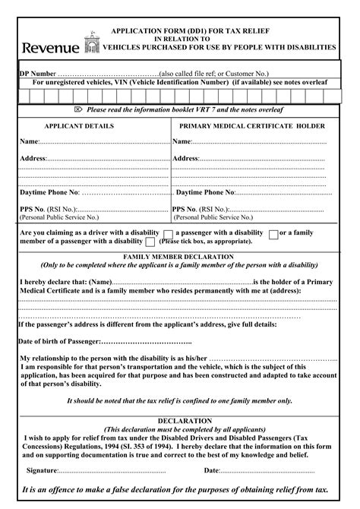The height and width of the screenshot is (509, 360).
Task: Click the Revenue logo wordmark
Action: [50, 49]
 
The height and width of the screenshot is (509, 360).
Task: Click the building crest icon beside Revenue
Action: [92, 45]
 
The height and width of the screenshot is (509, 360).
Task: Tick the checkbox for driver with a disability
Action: [168, 233]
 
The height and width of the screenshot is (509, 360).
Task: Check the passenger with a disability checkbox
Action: [273, 233]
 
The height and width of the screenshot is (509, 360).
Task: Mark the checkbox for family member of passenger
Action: [150, 242]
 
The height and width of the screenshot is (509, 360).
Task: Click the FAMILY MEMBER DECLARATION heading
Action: [179, 258]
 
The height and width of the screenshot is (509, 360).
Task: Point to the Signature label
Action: [43, 471]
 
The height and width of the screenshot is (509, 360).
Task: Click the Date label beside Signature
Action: [211, 471]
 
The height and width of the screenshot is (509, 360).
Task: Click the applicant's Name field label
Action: [28, 142]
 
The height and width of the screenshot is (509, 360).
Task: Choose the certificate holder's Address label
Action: [185, 158]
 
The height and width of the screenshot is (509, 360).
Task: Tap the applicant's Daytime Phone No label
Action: [49, 193]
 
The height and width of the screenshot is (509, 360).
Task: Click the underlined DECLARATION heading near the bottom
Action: [185, 420]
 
